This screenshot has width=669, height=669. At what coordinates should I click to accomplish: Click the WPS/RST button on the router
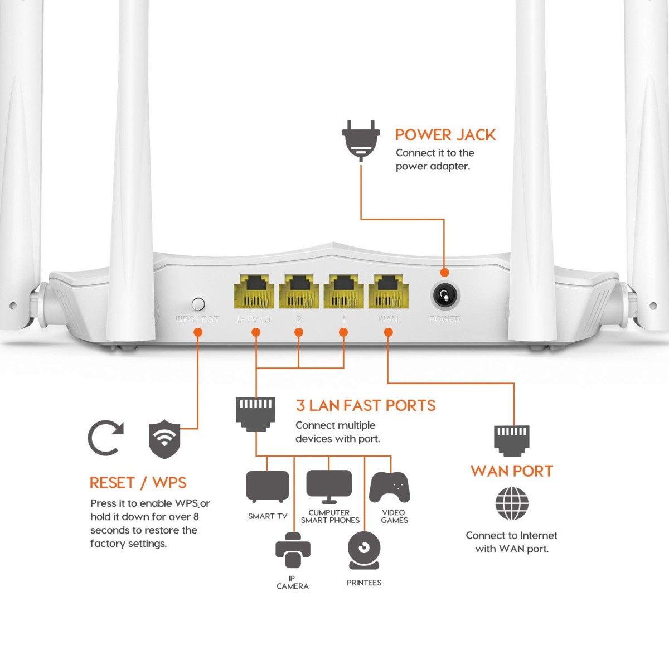pos(198,304)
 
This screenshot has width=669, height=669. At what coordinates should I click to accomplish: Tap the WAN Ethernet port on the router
pos(388,292)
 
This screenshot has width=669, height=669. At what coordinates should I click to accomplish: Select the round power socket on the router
pos(445,295)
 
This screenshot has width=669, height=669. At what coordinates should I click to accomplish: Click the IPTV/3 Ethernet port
pos(254,292)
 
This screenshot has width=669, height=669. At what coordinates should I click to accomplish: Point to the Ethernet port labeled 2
pos(299,292)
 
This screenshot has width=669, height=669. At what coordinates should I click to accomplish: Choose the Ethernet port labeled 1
pos(343,292)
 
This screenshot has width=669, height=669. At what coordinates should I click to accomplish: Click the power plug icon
pos(361,139)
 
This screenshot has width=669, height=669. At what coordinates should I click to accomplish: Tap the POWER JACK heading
pos(445,135)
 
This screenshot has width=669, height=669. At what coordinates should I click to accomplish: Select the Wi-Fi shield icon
pos(164,439)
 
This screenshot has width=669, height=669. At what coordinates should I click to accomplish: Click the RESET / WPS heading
pos(138,483)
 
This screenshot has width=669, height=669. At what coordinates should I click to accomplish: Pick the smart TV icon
pos(268,487)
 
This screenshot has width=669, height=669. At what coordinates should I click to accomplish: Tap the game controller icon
pos(390,487)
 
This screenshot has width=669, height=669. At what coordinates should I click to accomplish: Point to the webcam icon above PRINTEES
pos(363,550)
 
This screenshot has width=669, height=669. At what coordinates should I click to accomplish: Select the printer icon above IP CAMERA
pos(293,550)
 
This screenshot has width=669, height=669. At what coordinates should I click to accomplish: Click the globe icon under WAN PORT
pos(511,503)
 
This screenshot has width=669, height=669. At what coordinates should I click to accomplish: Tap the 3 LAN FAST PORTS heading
pos(365,406)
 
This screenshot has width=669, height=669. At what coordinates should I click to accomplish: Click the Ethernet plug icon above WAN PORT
pos(511,440)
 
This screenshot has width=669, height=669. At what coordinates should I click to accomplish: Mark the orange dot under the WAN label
pos(388,332)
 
